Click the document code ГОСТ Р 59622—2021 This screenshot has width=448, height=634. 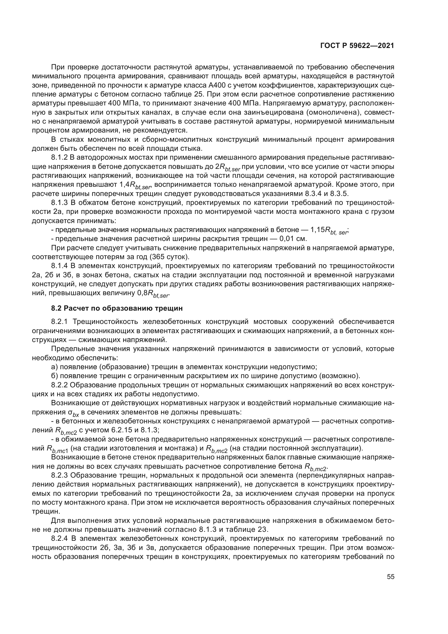tap(357, 46)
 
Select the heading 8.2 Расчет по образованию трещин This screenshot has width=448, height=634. tap(117, 308)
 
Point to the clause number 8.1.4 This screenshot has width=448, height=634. tap(59, 266)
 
